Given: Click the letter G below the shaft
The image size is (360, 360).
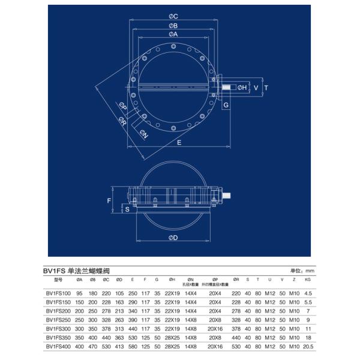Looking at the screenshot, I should [x=226, y=105].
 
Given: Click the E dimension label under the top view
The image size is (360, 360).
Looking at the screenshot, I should [x=179, y=142].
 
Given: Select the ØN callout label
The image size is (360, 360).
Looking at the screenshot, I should [x=144, y=134].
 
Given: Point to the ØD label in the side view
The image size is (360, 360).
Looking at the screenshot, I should [x=173, y=238].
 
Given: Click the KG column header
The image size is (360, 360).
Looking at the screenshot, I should [x=308, y=280].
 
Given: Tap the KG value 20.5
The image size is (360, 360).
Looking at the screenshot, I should [x=308, y=347].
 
